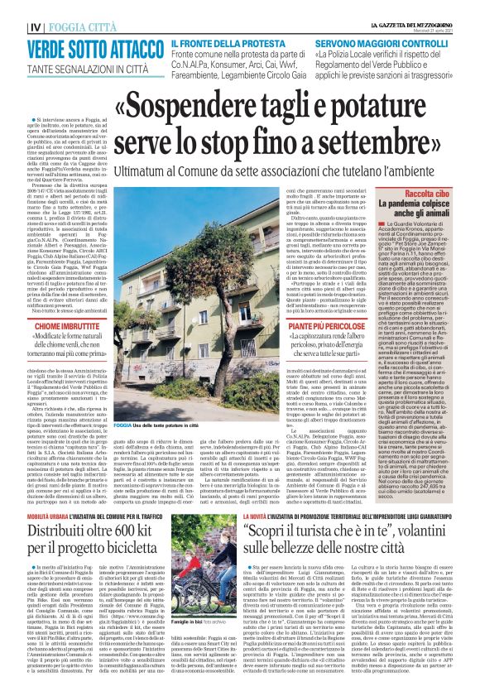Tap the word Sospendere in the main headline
pos(176,104)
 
